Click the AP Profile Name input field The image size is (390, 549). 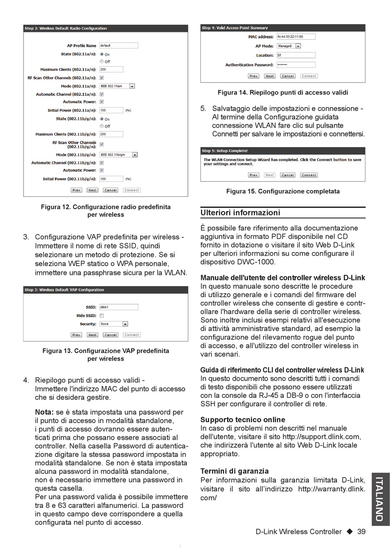click(x=118, y=46)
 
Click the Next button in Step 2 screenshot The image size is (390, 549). click(x=92, y=190)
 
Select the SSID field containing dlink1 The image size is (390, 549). click(x=119, y=307)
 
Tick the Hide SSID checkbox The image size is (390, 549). click(x=101, y=316)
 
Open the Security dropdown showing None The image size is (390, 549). click(x=114, y=324)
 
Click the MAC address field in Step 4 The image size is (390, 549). click(x=296, y=37)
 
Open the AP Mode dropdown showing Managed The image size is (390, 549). click(x=289, y=46)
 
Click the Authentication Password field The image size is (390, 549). click(x=296, y=65)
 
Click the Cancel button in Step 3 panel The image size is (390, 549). click(x=110, y=335)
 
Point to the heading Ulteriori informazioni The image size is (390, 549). click(x=240, y=213)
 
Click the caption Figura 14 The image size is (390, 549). click(x=282, y=93)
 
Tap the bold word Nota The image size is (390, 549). click(x=44, y=412)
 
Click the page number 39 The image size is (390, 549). click(x=361, y=532)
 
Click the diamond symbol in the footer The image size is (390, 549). click(x=349, y=532)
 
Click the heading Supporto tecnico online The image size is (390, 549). click(x=243, y=420)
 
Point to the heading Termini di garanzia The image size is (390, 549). click(x=234, y=471)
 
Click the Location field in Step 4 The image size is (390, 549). click(x=296, y=55)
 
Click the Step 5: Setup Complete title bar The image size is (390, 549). click(x=282, y=151)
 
